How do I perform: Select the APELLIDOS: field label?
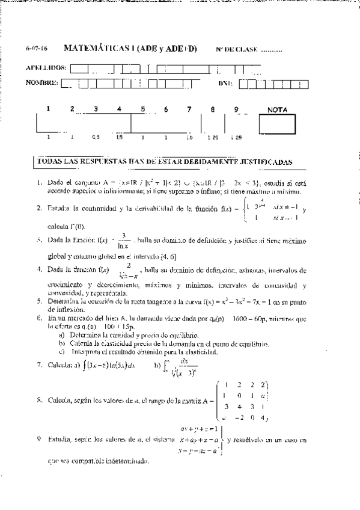pyautogui.click(x=47, y=67)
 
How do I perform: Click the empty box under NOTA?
pyautogui.click(x=276, y=123)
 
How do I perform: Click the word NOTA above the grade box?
pyautogui.click(x=277, y=109)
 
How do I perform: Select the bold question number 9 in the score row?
pyautogui.click(x=236, y=109)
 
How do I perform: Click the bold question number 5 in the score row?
pyautogui.click(x=142, y=109)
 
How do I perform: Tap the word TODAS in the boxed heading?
pyautogui.click(x=50, y=162)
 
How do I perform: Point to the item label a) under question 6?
pyautogui.click(x=63, y=334)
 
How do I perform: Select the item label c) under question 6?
pyautogui.click(x=63, y=351)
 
